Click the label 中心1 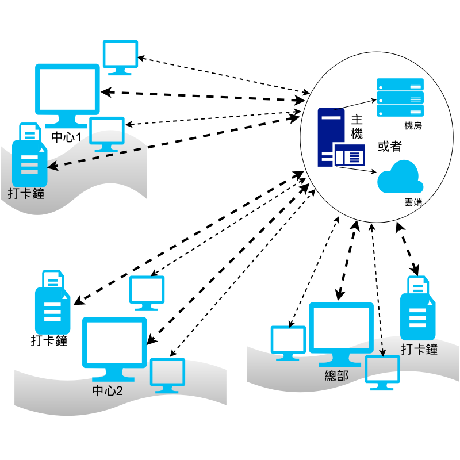point(66,137)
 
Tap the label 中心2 point(108,392)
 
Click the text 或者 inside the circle point(389,146)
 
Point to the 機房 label point(413,126)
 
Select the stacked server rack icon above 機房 point(400,97)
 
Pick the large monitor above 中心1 point(68,92)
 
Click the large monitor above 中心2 point(115,342)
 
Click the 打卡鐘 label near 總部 point(420,349)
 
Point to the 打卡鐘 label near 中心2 point(49,340)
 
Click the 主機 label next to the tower point(356,127)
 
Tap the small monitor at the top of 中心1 point(120,56)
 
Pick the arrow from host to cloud point(356,169)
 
